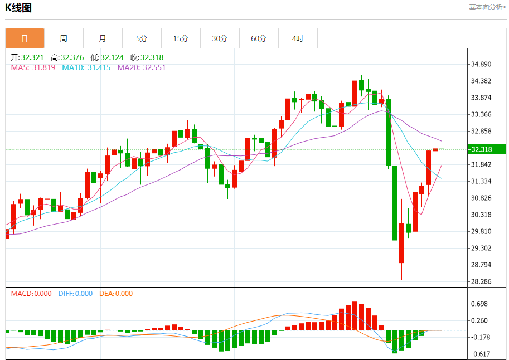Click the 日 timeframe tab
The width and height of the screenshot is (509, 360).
pyautogui.click(x=25, y=38)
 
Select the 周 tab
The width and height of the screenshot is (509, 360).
pyautogui.click(x=64, y=38)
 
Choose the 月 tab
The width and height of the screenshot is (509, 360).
pyautogui.click(x=103, y=38)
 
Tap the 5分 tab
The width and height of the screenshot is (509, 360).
pyautogui.click(x=142, y=38)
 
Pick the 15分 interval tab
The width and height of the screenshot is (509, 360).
pyautogui.click(x=181, y=38)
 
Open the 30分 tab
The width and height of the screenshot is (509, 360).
pyautogui.click(x=220, y=38)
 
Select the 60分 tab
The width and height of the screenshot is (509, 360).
pyautogui.click(x=259, y=38)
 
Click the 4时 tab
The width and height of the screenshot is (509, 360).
pyautogui.click(x=298, y=38)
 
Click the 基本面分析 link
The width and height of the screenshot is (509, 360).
pyautogui.click(x=487, y=7)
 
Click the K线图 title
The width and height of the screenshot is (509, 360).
pyautogui.click(x=19, y=8)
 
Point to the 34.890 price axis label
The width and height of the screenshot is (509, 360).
pyautogui.click(x=482, y=64)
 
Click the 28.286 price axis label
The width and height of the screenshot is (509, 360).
pyautogui.click(x=482, y=281)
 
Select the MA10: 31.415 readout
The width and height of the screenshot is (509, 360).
pyautogui.click(x=86, y=67)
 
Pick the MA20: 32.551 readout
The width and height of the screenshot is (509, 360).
pyautogui.click(x=141, y=67)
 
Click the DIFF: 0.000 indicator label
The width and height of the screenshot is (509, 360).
pyautogui.click(x=75, y=293)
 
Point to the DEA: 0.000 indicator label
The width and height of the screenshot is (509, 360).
pyautogui.click(x=116, y=293)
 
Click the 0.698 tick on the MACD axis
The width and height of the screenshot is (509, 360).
pyautogui.click(x=479, y=304)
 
